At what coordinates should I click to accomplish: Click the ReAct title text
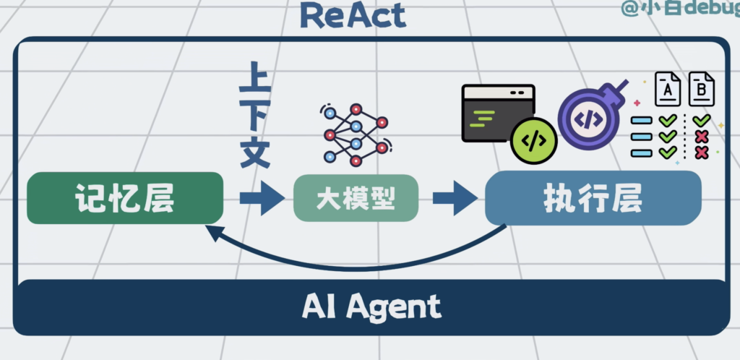[x=353, y=15]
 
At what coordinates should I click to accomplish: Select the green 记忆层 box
[x=124, y=198]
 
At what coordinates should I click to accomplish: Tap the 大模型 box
[x=356, y=199]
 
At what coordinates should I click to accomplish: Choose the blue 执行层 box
[x=593, y=198]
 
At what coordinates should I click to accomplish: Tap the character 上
[x=255, y=80]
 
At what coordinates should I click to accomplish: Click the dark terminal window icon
[x=497, y=111]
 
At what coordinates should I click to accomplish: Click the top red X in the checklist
[x=700, y=136]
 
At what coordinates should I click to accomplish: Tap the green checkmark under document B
[x=700, y=120]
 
